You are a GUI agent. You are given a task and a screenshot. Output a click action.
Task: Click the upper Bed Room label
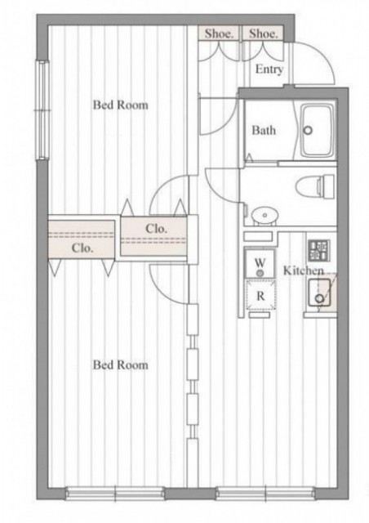click(120, 105)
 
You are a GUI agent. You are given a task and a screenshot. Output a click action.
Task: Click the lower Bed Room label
click(120, 364)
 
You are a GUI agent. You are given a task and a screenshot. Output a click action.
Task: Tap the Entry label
click(269, 69)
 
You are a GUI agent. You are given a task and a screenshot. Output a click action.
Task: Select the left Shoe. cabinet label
click(218, 34)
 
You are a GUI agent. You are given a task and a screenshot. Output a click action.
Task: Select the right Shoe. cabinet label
click(263, 34)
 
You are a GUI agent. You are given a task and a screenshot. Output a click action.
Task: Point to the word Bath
click(264, 130)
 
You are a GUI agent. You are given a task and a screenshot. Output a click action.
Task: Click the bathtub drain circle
click(308, 130)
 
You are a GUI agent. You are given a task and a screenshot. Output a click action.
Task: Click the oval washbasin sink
click(265, 214)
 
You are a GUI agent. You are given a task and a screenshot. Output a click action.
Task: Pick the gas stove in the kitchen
click(319, 250)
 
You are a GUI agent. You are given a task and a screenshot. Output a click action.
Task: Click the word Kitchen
click(304, 270)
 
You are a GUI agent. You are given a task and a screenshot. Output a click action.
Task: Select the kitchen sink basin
click(319, 293)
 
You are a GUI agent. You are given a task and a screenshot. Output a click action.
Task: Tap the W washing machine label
click(260, 262)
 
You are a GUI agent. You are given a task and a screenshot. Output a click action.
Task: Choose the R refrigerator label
click(260, 296)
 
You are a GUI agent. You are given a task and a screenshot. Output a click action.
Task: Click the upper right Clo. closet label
click(156, 229)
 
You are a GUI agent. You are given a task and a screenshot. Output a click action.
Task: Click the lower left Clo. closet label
click(82, 248)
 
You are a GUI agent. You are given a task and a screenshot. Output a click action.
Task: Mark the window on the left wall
click(42, 110)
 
